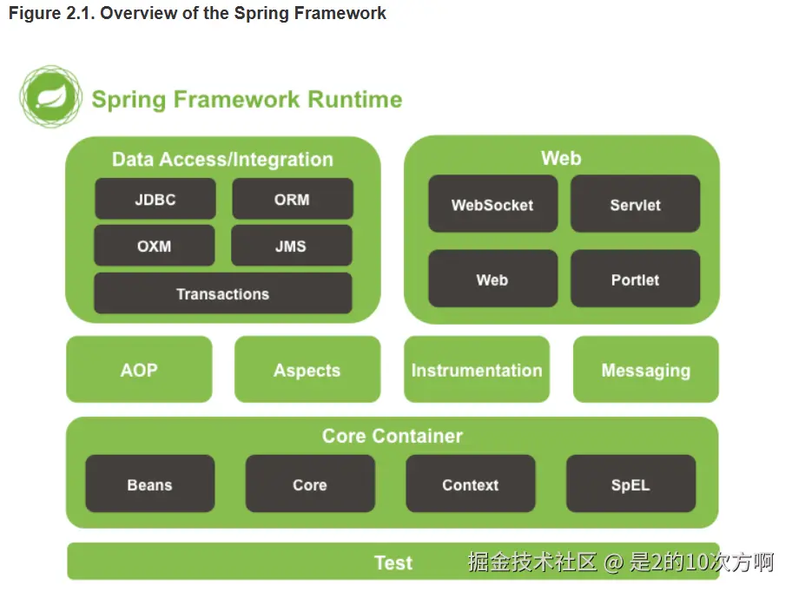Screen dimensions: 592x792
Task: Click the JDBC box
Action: [x=155, y=199]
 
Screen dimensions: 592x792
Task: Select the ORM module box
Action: [x=292, y=199]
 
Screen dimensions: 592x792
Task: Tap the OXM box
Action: [x=155, y=246]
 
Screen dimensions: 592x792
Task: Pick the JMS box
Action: [x=291, y=246]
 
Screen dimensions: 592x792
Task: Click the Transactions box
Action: [x=223, y=293]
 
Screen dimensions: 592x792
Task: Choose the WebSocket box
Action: [x=492, y=204]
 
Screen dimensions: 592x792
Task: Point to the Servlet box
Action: [x=635, y=204]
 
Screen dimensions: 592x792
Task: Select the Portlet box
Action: [x=635, y=279]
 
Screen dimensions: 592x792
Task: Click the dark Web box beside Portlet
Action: [x=492, y=279]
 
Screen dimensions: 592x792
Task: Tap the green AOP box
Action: [x=139, y=370]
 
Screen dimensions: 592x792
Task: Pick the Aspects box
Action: [x=307, y=370]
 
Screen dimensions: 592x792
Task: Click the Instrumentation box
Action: [x=477, y=370]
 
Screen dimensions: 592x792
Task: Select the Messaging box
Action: [x=645, y=370]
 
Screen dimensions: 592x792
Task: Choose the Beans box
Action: [x=149, y=484]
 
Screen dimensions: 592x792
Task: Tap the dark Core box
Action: [x=310, y=484]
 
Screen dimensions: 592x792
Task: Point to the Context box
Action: [x=471, y=484]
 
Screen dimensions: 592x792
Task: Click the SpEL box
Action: [x=630, y=484]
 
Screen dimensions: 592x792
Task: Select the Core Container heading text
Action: [x=393, y=436]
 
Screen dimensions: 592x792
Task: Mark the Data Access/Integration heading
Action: [x=222, y=160]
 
